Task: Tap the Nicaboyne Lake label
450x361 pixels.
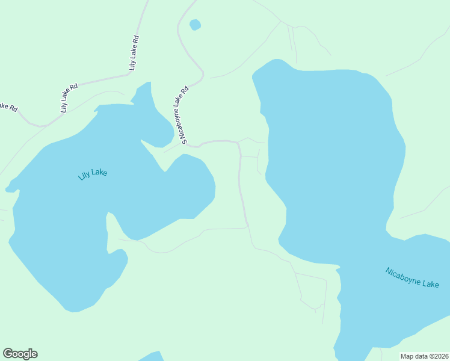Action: click(x=412, y=277)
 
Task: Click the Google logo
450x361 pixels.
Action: click(x=20, y=354)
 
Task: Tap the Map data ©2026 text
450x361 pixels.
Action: click(x=425, y=356)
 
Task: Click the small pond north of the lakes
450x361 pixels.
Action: click(x=195, y=25)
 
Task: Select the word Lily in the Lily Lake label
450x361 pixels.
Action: click(x=84, y=177)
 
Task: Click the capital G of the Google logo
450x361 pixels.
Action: click(x=8, y=354)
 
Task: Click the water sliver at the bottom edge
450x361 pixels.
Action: click(x=153, y=356)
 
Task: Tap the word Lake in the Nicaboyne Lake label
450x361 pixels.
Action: click(x=430, y=282)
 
